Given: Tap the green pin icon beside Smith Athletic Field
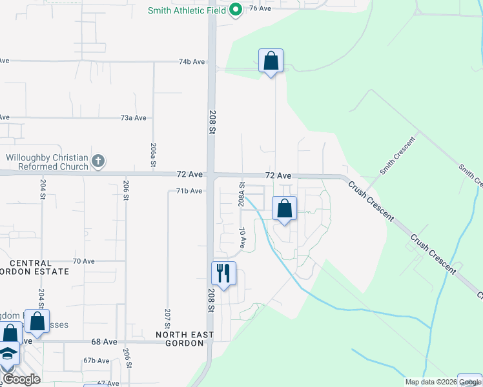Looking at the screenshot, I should pyautogui.click(x=236, y=10).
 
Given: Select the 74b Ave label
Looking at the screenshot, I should pyautogui.click(x=192, y=62).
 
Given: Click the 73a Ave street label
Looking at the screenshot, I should pyautogui.click(x=134, y=118).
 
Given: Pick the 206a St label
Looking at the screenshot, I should pyautogui.click(x=153, y=155).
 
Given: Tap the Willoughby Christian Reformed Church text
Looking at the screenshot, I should pyautogui.click(x=46, y=162).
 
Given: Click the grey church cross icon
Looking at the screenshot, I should pyautogui.click(x=98, y=161).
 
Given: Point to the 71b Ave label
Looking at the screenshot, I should pyautogui.click(x=189, y=191).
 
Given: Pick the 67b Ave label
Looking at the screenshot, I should pyautogui.click(x=96, y=361).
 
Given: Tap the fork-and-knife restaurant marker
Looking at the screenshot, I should pyautogui.click(x=223, y=273).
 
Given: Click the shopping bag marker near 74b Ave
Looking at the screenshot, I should pyautogui.click(x=271, y=61).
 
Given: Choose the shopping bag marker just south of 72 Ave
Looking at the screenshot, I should pyautogui.click(x=284, y=208).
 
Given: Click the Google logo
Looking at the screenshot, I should pyautogui.click(x=21, y=379).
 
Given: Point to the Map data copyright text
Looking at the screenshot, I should pyautogui.click(x=443, y=382).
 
